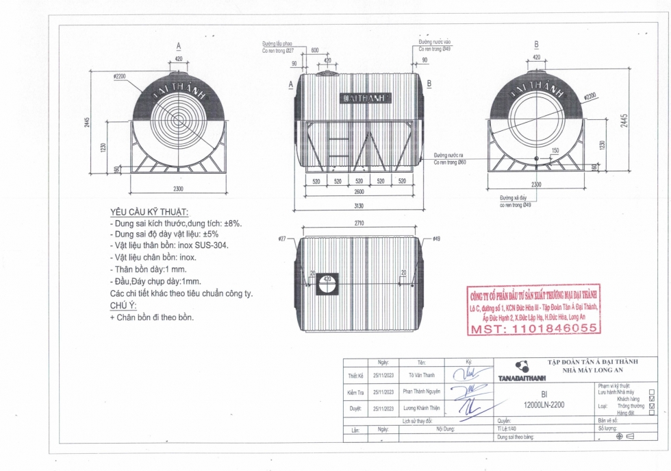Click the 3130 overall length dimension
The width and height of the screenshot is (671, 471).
[359, 207]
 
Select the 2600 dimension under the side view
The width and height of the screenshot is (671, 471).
[359, 192]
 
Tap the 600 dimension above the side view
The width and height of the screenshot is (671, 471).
[314, 51]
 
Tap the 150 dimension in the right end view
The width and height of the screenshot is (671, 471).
[555, 150]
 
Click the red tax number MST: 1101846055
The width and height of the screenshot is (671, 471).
[534, 329]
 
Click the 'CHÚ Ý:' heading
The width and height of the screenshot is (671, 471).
[123, 306]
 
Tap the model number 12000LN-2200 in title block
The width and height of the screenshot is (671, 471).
[544, 405]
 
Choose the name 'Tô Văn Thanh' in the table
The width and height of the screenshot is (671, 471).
[421, 376]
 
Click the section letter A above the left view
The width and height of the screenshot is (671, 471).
[179, 45]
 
